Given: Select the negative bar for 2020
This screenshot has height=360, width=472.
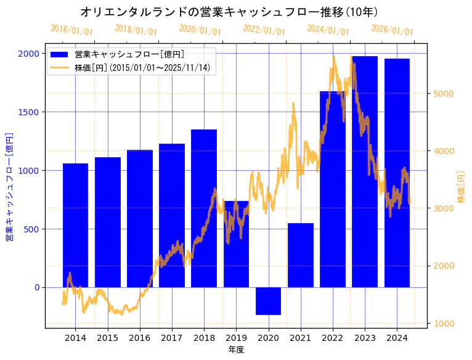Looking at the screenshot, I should click(268, 301).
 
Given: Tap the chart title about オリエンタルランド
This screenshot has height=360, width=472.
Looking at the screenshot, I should click(229, 12).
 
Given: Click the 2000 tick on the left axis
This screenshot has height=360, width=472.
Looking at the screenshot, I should click(28, 54).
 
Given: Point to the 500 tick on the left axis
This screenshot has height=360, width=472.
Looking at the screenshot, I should click(31, 229).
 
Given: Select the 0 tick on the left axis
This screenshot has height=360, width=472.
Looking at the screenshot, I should click(36, 288).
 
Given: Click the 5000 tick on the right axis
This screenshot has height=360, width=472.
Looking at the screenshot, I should click(443, 94).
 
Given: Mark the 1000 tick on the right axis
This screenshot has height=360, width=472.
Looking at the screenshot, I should click(443, 324).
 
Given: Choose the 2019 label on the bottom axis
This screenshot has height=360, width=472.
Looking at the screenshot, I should click(236, 338).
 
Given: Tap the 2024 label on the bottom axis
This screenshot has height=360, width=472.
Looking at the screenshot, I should click(397, 338).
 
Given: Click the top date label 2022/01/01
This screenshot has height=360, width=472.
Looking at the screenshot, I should click(264, 30).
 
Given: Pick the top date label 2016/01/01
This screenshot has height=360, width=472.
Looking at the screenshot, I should click(71, 30).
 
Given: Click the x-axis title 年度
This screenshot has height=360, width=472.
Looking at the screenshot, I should click(236, 350).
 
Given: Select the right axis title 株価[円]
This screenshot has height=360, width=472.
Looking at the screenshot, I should click(462, 187).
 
